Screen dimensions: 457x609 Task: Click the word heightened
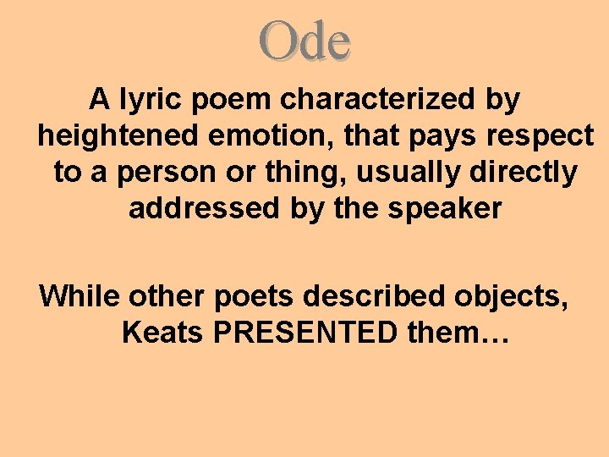[x=109, y=135]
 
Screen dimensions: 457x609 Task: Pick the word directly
[x=525, y=173]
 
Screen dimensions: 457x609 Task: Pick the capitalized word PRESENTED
[x=304, y=333]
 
